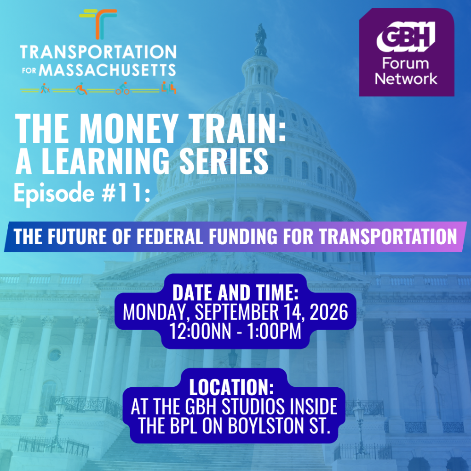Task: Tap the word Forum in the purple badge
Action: (x=406, y=63)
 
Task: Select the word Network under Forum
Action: (x=406, y=79)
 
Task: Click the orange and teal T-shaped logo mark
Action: (x=98, y=24)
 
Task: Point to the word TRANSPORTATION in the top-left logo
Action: (x=98, y=52)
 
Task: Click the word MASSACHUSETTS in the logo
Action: (x=107, y=70)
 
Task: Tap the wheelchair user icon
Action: (x=81, y=89)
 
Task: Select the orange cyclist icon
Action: (x=122, y=88)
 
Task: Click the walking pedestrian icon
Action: (x=45, y=88)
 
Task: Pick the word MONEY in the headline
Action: (x=127, y=129)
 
